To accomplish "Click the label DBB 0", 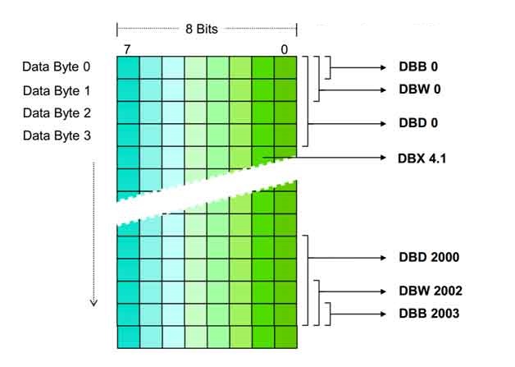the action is pyautogui.click(x=418, y=67).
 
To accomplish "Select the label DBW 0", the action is pyautogui.click(x=419, y=89).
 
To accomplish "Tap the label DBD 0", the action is pyautogui.click(x=418, y=124).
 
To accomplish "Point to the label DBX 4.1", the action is pyautogui.click(x=422, y=157).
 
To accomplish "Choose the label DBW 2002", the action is pyautogui.click(x=431, y=291).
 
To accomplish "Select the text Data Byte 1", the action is pyautogui.click(x=57, y=89).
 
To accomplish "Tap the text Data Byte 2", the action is pyautogui.click(x=57, y=112).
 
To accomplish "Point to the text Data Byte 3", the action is pyautogui.click(x=57, y=135).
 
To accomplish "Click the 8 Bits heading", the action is pyautogui.click(x=202, y=28).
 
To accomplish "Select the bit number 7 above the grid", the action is pyautogui.click(x=127, y=49).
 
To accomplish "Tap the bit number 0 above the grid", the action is pyautogui.click(x=285, y=49).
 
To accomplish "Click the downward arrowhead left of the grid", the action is pyautogui.click(x=93, y=302).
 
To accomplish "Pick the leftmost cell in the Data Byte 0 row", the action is pyautogui.click(x=129, y=67).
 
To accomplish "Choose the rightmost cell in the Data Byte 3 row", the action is pyautogui.click(x=285, y=135).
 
